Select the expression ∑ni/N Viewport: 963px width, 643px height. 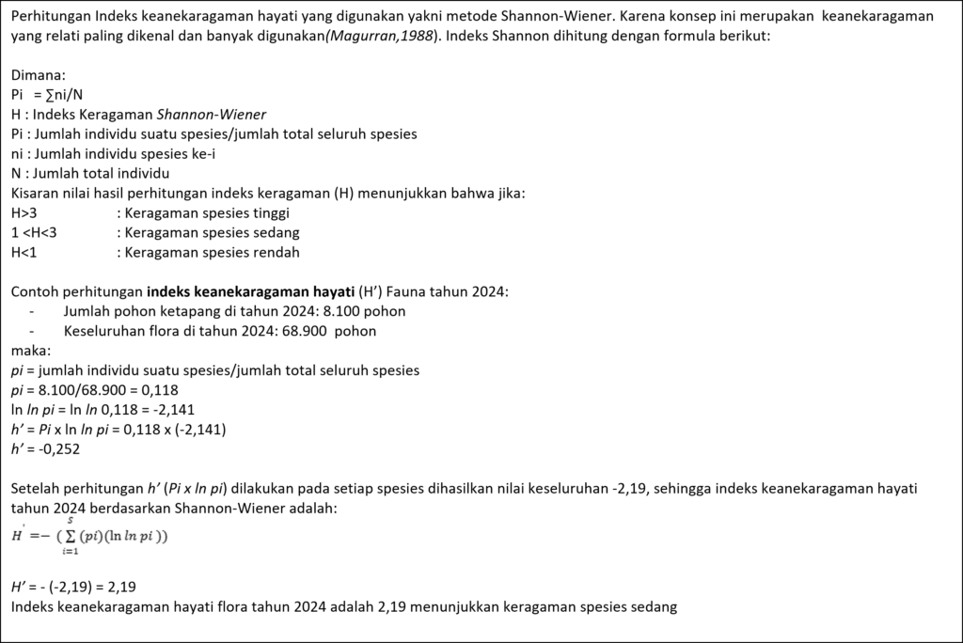pos(59,95)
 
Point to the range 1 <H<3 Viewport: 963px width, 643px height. pos(35,232)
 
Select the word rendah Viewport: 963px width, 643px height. pos(276,252)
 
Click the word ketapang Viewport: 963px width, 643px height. pos(177,311)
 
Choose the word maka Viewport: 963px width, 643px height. pos(30,351)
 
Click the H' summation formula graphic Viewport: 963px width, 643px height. pos(88,535)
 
